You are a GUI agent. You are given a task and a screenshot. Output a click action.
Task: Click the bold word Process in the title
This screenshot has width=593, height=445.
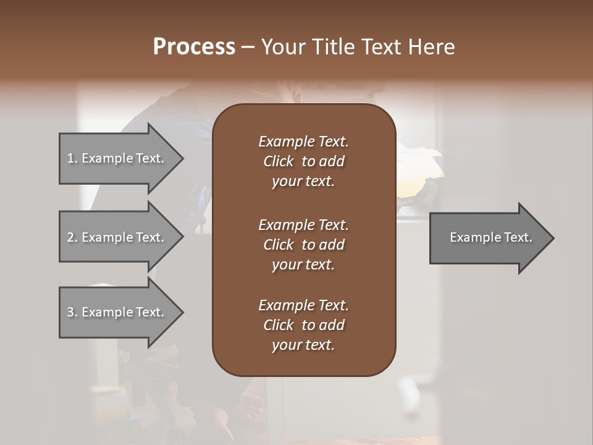tap(194, 47)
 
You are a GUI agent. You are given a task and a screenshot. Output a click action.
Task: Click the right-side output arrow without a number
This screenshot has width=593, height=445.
tap(488, 237)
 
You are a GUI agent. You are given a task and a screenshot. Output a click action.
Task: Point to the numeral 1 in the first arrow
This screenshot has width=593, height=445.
tap(70, 158)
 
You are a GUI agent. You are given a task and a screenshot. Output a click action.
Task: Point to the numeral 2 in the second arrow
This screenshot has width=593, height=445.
tap(71, 237)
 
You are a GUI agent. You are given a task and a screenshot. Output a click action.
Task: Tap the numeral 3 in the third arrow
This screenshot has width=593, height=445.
tap(71, 312)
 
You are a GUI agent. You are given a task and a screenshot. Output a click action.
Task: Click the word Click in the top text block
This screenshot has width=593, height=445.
tap(279, 161)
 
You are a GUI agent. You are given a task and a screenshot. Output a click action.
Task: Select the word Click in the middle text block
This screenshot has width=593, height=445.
tap(279, 245)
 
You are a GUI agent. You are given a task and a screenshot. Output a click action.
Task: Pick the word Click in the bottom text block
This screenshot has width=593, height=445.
tap(279, 325)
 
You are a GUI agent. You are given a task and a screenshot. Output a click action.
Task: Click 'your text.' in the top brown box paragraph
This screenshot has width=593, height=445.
tap(303, 182)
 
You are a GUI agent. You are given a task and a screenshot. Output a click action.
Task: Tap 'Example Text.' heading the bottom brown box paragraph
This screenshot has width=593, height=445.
tap(303, 305)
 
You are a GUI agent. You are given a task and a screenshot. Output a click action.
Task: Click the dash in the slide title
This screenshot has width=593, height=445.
tap(248, 47)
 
